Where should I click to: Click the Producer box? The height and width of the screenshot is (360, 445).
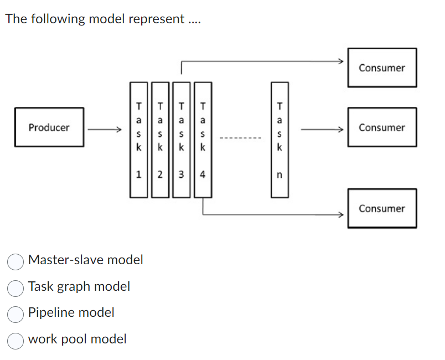pyautogui.click(x=49, y=127)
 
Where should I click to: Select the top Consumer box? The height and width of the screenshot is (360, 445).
pyautogui.click(x=382, y=68)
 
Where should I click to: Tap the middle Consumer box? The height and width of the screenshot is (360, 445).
pyautogui.click(x=382, y=127)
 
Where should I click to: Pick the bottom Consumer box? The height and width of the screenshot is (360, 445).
pyautogui.click(x=382, y=208)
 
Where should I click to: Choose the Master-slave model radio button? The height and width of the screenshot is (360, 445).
pyautogui.click(x=15, y=261)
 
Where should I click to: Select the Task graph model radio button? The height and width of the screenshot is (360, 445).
pyautogui.click(x=15, y=287)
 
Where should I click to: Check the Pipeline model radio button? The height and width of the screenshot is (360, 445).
pyautogui.click(x=15, y=313)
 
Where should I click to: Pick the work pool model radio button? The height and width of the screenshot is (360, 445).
pyautogui.click(x=15, y=340)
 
